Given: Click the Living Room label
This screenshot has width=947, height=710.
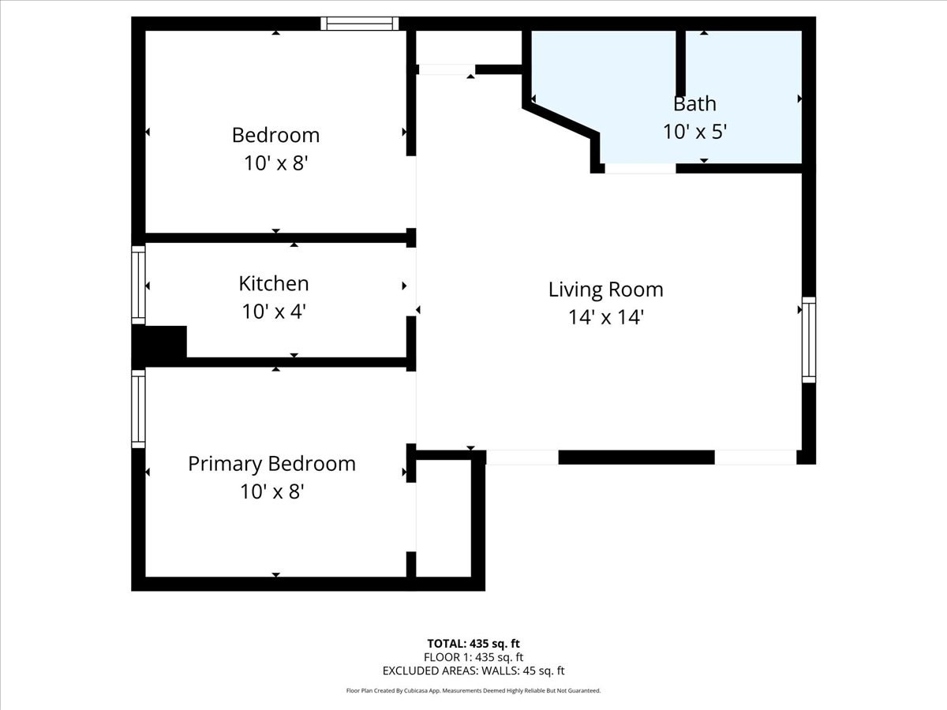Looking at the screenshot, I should point(605,290).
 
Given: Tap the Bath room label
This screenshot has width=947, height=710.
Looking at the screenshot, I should point(694,103).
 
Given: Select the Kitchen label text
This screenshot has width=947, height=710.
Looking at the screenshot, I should point(273,283).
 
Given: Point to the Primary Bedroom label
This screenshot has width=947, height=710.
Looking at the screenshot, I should point(271,463).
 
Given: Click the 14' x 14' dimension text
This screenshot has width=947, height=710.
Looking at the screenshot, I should point(605,317).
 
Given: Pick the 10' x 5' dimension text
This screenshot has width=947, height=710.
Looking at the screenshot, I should point(694,131).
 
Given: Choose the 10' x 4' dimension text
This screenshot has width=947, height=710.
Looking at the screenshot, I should point(273,312).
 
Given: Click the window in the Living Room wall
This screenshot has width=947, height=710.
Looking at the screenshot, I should point(809,340).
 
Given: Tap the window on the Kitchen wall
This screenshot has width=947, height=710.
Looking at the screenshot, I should point(138,285).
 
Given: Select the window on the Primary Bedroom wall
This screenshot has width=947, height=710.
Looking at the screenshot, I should point(138,409).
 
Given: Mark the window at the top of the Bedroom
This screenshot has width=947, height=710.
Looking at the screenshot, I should point(359,24).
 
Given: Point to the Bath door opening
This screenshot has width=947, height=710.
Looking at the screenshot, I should point(640,168).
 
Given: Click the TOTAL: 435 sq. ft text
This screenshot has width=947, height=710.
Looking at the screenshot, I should point(473,643).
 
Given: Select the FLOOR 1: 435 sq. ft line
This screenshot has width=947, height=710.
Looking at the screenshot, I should point(473,657).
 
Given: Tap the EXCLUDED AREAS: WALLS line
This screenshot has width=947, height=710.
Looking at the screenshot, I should point(473,671).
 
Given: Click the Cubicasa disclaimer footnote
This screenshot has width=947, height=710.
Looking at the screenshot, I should point(473,690).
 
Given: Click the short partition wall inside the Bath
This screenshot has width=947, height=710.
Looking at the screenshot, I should point(680,63).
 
